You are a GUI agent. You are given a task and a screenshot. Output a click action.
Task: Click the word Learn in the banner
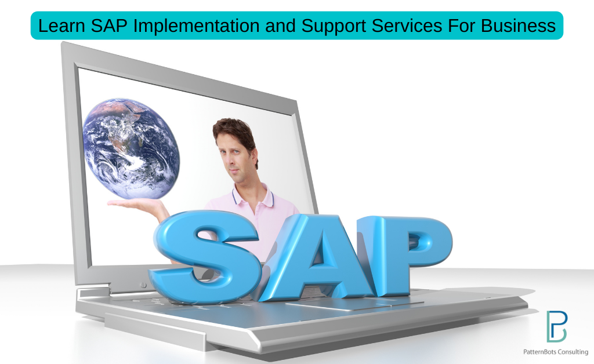(x=61, y=26)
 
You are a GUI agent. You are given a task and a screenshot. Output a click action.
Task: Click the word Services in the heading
(x=407, y=26)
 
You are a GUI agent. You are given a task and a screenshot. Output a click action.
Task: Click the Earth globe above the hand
(x=131, y=149)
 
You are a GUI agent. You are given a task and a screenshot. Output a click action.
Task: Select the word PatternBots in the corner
(x=539, y=352)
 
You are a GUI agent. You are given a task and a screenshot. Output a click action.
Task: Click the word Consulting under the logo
(x=573, y=352)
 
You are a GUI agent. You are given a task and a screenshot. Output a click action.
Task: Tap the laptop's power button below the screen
(x=144, y=285)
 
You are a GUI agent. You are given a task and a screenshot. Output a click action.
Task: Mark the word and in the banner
(x=280, y=26)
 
